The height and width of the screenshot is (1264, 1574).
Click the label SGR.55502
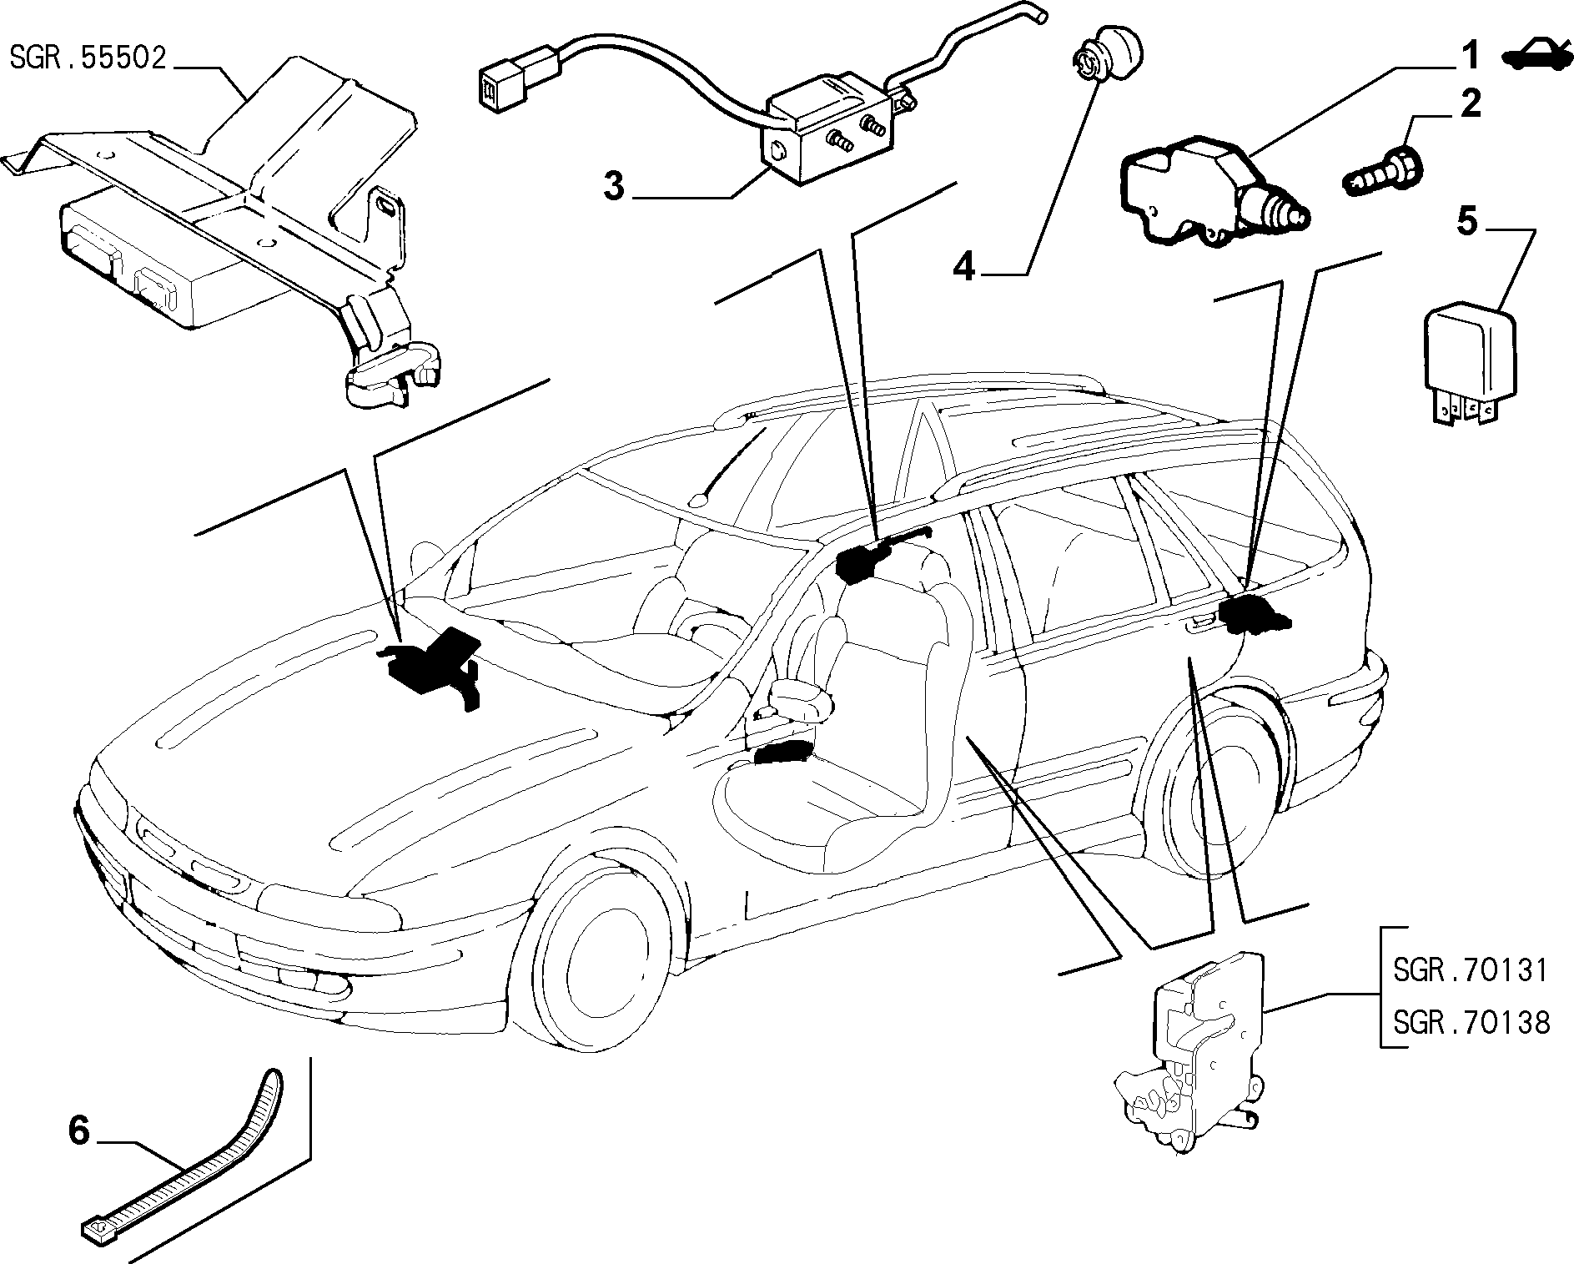(x=88, y=58)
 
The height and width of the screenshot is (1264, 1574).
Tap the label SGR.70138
(x=1471, y=1022)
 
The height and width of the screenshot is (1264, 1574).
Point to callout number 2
(x=1469, y=104)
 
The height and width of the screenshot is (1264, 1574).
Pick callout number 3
(x=615, y=186)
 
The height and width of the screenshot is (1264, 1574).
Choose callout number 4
(x=963, y=267)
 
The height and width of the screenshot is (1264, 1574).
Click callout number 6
(x=78, y=1132)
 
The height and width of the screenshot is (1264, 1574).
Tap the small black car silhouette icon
(x=1536, y=55)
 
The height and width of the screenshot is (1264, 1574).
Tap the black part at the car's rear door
(x=1255, y=615)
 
